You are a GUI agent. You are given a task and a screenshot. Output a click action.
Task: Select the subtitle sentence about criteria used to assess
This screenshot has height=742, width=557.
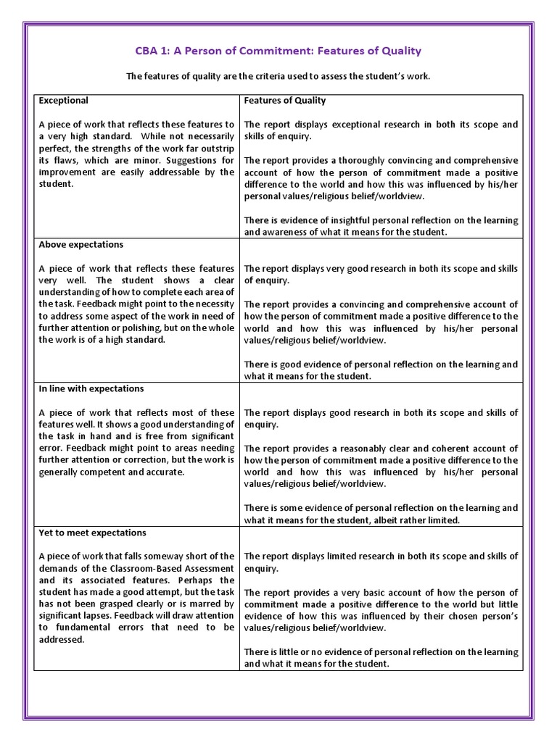(x=278, y=76)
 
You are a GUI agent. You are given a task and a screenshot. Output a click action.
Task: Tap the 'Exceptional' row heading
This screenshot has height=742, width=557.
(x=63, y=101)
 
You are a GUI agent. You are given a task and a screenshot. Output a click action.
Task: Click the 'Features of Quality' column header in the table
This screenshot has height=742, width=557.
(x=285, y=101)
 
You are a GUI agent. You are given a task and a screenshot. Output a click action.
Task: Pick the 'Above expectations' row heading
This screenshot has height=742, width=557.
(x=81, y=245)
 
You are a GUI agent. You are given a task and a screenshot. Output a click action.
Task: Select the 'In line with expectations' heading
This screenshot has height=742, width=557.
(x=91, y=389)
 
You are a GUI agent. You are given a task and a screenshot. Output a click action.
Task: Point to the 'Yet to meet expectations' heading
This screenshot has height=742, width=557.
(x=92, y=533)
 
